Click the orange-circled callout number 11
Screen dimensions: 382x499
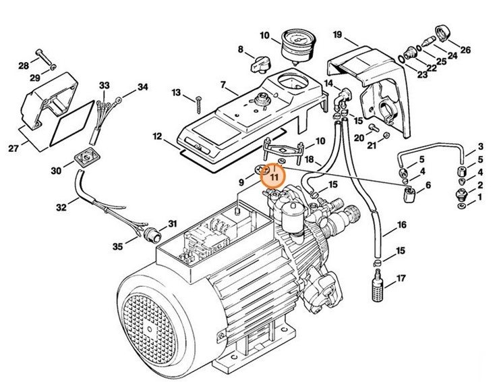coord(274,177)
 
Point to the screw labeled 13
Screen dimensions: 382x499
coord(200,101)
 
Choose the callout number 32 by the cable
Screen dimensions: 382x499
coord(61,208)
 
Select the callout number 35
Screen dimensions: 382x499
coord(118,247)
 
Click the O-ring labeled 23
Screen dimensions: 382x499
coord(402,59)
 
